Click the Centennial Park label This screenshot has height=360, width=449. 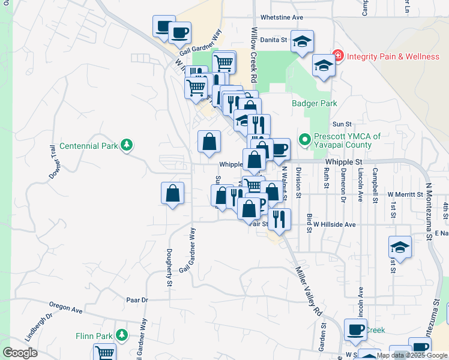pyautogui.click(x=88, y=146)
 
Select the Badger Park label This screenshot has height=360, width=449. pyautogui.click(x=315, y=103)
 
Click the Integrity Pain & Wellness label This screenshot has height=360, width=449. pyautogui.click(x=393, y=56)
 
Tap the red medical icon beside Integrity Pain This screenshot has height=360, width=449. pyautogui.click(x=338, y=56)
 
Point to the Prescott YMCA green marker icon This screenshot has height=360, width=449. pyautogui.click(x=304, y=140)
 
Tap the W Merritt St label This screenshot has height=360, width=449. pyautogui.click(x=409, y=194)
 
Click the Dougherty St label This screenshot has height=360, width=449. pyautogui.click(x=169, y=266)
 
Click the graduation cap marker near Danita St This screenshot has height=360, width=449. pyautogui.click(x=302, y=41)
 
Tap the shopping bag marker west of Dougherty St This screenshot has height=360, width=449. pyautogui.click(x=172, y=193)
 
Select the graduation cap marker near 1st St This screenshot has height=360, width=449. pyautogui.click(x=400, y=247)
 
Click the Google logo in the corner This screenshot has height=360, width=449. pyautogui.click(x=20, y=353)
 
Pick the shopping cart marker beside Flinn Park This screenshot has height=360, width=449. pyautogui.click(x=104, y=352)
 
